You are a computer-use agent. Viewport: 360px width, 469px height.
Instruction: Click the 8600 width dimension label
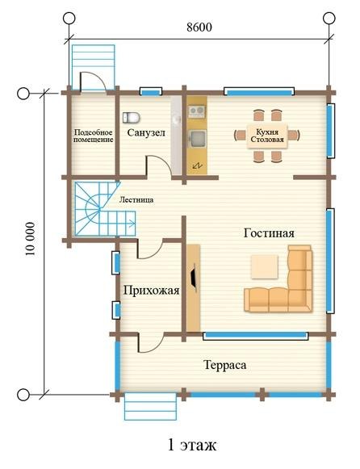[x=199, y=27]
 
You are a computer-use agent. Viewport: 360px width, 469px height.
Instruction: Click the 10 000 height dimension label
[x=30, y=239]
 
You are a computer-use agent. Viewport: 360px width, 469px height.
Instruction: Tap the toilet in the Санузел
[x=132, y=118]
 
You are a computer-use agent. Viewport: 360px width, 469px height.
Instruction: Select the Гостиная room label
[x=269, y=233]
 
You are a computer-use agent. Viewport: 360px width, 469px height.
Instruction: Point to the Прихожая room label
[x=151, y=290]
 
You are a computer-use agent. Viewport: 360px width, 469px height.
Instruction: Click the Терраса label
[x=225, y=365]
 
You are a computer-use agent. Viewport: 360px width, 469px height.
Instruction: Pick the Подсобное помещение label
[x=94, y=136]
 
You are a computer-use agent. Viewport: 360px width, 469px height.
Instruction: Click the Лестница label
[x=136, y=199]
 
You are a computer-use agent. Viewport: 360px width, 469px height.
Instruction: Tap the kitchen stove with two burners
[x=197, y=111]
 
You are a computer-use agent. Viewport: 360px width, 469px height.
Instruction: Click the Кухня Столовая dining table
[x=267, y=136]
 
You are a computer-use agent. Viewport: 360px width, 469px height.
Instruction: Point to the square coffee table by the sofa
[x=264, y=267]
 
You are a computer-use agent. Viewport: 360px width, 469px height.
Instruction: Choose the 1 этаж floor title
[x=191, y=445]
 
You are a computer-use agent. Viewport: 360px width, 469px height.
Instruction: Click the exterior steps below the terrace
[x=150, y=407]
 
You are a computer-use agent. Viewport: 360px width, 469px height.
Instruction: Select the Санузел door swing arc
[x=161, y=161]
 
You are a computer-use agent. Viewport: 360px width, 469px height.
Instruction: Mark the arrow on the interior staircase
[x=132, y=223]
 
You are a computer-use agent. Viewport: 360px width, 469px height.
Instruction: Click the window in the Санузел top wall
[x=151, y=92]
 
